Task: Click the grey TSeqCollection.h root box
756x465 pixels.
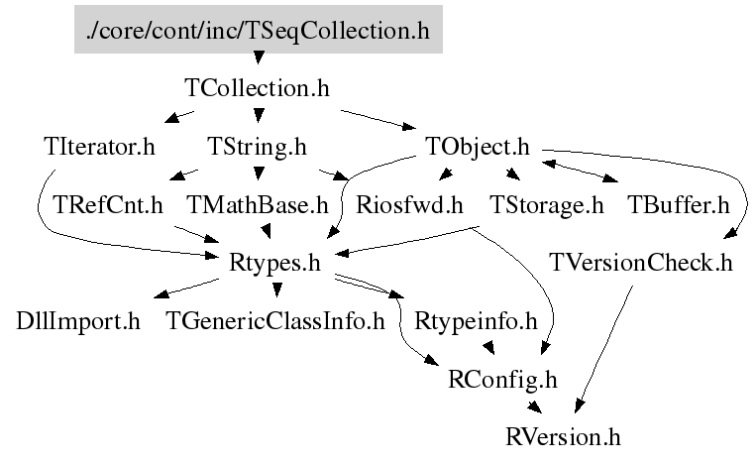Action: [258, 32]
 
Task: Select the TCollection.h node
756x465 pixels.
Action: [258, 88]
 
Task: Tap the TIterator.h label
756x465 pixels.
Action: [100, 148]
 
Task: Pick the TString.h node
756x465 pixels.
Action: [258, 148]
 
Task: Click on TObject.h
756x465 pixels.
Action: [478, 148]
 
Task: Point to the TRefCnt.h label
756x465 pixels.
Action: [108, 206]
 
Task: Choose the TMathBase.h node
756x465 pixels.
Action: [258, 206]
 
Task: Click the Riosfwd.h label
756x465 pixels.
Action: [410, 206]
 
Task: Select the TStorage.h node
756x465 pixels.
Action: [547, 206]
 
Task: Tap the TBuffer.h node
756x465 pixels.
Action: [679, 206]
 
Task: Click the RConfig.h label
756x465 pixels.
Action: [504, 379]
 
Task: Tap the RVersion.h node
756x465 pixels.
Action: [563, 436]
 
